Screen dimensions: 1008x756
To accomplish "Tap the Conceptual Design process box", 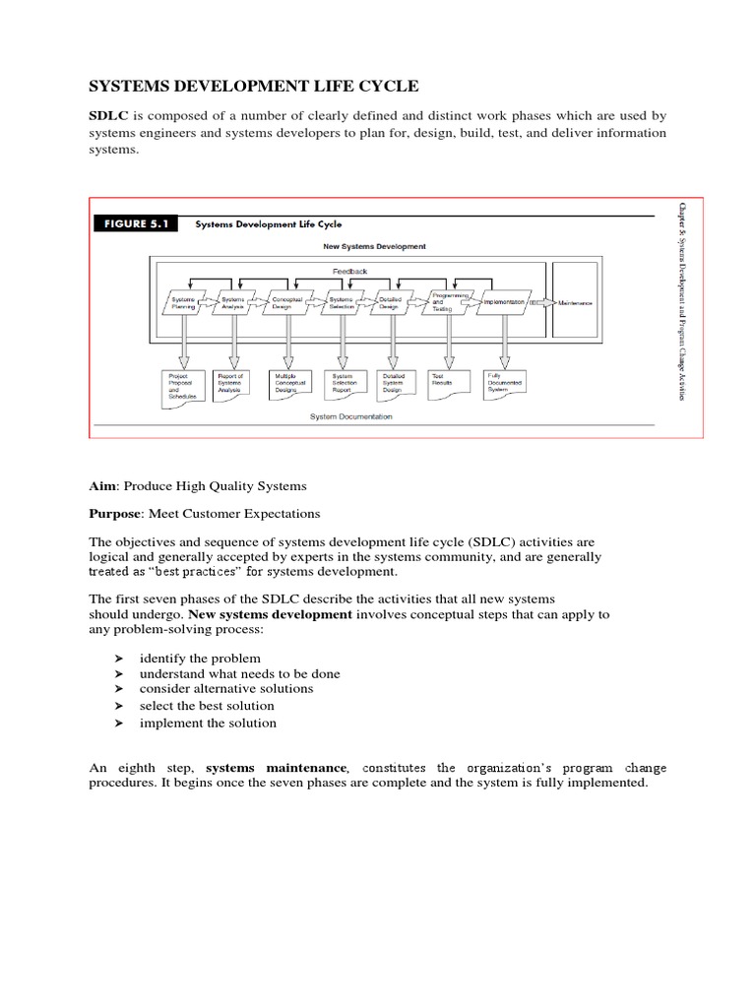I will tap(287, 303).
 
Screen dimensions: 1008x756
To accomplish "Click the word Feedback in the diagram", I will tap(349, 270).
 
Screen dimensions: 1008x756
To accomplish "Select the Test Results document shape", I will tap(449, 382).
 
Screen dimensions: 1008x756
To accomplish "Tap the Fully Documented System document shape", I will tap(505, 384).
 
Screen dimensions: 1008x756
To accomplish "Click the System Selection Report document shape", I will tap(343, 384).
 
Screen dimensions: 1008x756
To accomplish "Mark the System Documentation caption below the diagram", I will tap(350, 416).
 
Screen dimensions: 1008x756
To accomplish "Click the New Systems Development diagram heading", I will tap(374, 246).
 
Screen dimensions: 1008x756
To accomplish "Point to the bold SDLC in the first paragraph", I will tap(109, 115).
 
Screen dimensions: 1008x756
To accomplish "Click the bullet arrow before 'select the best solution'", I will tap(119, 706).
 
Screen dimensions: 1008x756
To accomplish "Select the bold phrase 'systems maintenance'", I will tap(276, 768).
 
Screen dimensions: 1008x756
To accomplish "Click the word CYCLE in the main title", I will tap(368, 87).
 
